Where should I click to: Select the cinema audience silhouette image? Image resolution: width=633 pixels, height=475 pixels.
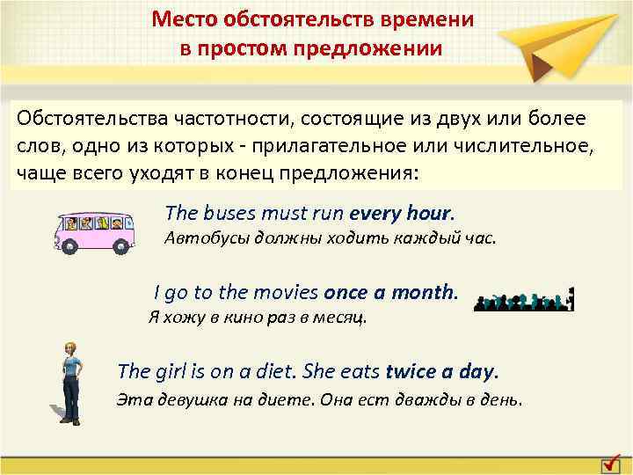pyautogui.click(x=524, y=301)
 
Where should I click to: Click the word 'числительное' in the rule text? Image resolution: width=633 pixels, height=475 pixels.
pyautogui.click(x=527, y=145)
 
